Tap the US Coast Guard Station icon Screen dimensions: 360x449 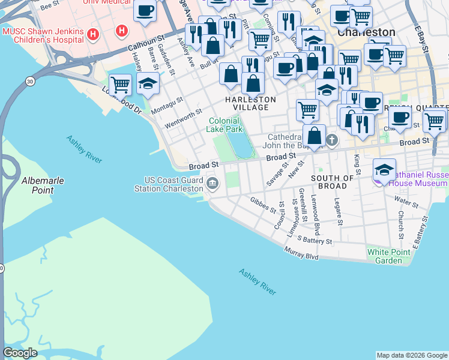tap(211, 182)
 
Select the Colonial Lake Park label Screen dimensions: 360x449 tap(224, 125)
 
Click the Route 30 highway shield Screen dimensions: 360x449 tap(29, 81)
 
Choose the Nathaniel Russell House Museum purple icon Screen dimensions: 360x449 tap(384, 169)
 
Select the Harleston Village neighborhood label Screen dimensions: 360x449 tap(250, 103)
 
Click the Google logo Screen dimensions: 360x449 tap(20, 353)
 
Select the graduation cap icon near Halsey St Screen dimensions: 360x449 tap(148, 85)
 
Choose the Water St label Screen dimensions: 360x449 tap(406, 203)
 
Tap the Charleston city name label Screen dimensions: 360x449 tap(366, 32)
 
